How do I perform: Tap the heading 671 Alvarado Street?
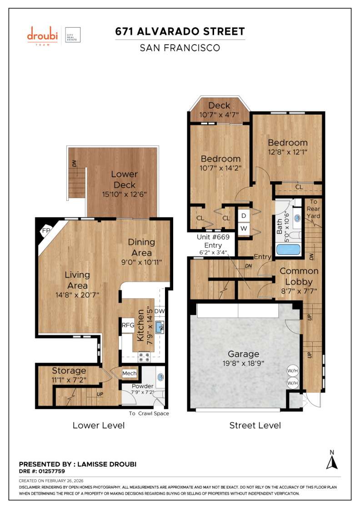click(180, 31)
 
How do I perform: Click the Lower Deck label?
click(124, 180)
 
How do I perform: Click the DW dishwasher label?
click(159, 311)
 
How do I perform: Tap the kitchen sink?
click(159, 326)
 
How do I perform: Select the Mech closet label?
click(130, 374)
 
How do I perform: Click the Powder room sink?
click(160, 377)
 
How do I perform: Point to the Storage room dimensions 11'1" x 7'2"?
click(69, 380)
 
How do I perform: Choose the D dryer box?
click(244, 215)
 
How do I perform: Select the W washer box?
click(244, 228)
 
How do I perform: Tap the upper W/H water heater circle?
click(292, 370)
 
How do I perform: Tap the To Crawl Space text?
click(149, 414)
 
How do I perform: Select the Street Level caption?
click(255, 425)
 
